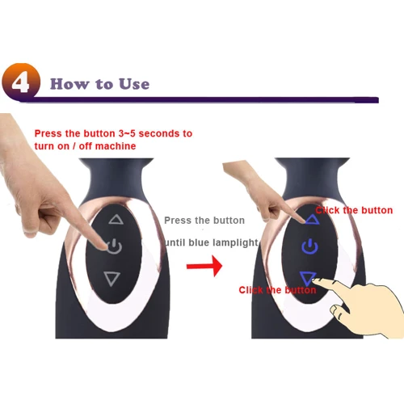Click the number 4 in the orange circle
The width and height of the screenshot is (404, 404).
pyautogui.click(x=20, y=83)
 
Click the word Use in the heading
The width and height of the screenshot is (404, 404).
pyautogui.click(x=134, y=84)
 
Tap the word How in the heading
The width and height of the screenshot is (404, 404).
pyautogui.click(x=69, y=84)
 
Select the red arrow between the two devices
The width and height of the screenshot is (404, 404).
pyautogui.click(x=204, y=266)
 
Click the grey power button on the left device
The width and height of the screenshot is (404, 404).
pyautogui.click(x=115, y=246)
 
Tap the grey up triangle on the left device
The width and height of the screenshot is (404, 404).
pyautogui.click(x=116, y=220)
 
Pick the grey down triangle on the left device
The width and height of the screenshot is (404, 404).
pyautogui.click(x=112, y=279)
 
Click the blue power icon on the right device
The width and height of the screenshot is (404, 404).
pyautogui.click(x=309, y=246)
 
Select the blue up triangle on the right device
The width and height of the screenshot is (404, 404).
pyautogui.click(x=312, y=220)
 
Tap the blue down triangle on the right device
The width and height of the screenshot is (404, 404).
pyautogui.click(x=308, y=279)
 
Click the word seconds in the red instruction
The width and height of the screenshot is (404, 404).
pyautogui.click(x=157, y=133)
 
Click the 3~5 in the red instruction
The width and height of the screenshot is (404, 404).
pyautogui.click(x=127, y=133)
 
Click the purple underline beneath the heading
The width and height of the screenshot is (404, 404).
pyautogui.click(x=202, y=99)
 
